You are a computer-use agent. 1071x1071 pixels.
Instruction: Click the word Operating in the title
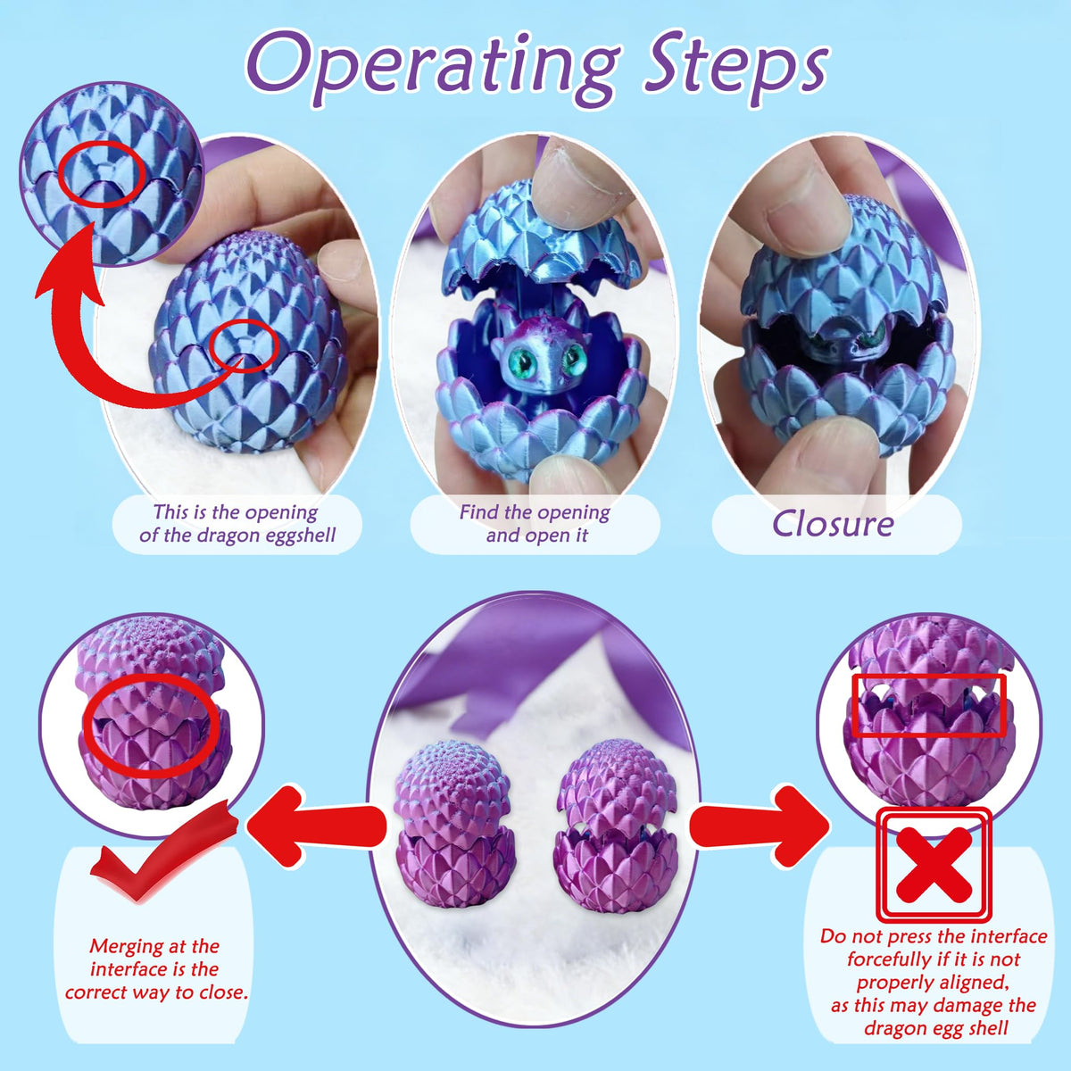(434, 71)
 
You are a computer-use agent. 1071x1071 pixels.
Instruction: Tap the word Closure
(832, 524)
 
